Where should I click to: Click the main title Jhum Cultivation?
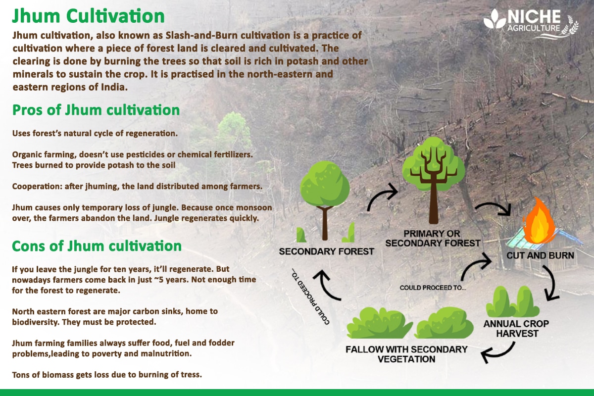(x=88, y=16)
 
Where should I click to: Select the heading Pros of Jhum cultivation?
(x=96, y=110)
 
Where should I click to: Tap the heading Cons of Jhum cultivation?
(x=97, y=246)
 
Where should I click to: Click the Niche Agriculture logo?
(x=530, y=22)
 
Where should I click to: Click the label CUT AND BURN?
(x=540, y=256)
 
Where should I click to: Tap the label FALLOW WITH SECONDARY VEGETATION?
(x=406, y=353)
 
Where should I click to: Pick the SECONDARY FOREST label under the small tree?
(x=326, y=251)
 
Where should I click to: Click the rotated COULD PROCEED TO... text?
(x=308, y=297)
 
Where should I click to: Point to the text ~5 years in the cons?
(x=166, y=280)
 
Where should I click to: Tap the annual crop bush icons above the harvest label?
(x=512, y=302)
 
